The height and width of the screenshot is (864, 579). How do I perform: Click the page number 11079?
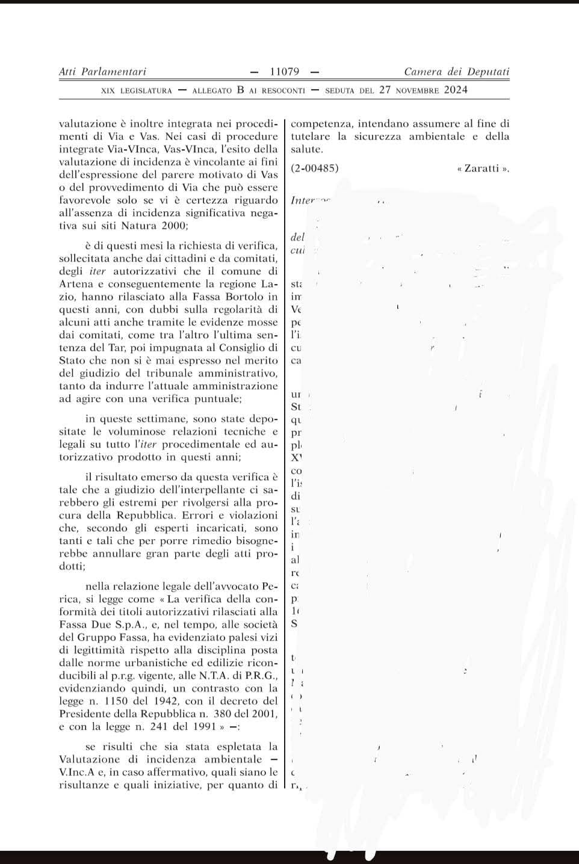point(285,72)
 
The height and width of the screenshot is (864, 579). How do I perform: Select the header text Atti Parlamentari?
point(102,72)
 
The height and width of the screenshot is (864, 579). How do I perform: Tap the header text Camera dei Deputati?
point(456,72)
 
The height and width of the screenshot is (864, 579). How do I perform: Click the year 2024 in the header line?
point(456,90)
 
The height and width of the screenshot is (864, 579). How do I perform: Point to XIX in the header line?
point(108,91)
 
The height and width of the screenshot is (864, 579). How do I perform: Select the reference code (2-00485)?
point(315,168)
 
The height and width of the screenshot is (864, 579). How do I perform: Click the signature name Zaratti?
point(483,168)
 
